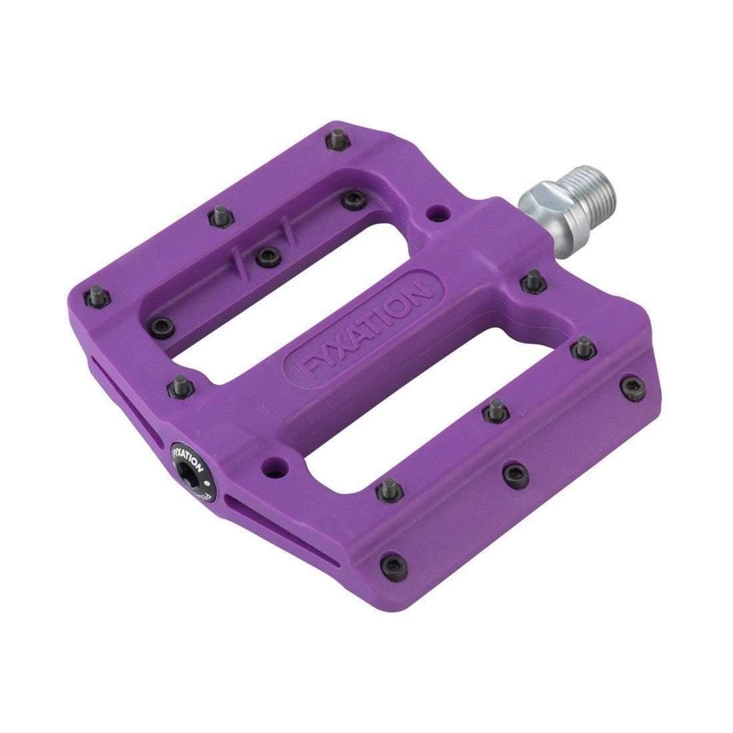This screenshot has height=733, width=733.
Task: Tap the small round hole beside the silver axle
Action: coord(437,213)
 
